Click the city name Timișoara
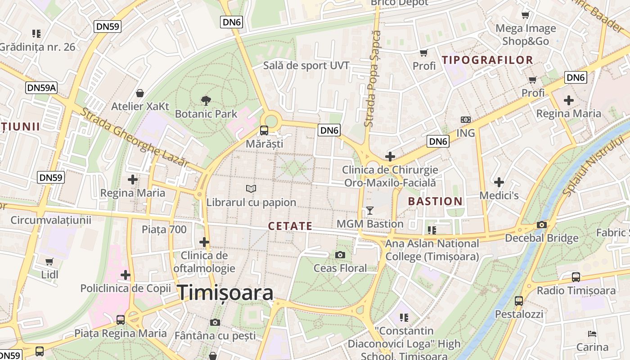(225, 293)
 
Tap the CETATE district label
(290, 226)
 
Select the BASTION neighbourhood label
(435, 201)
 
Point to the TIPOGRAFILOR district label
(487, 60)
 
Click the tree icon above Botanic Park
(206, 100)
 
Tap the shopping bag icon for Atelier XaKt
(140, 93)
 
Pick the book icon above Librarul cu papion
(251, 189)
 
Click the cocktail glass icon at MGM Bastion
(370, 210)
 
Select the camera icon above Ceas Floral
(340, 255)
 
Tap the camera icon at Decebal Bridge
(542, 225)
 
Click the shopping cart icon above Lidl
(49, 261)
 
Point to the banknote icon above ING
(466, 120)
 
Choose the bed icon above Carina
(593, 334)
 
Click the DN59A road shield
(41, 87)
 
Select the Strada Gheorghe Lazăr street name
(134, 137)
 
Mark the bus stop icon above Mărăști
(264, 130)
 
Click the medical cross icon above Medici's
(499, 182)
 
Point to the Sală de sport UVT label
(306, 65)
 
